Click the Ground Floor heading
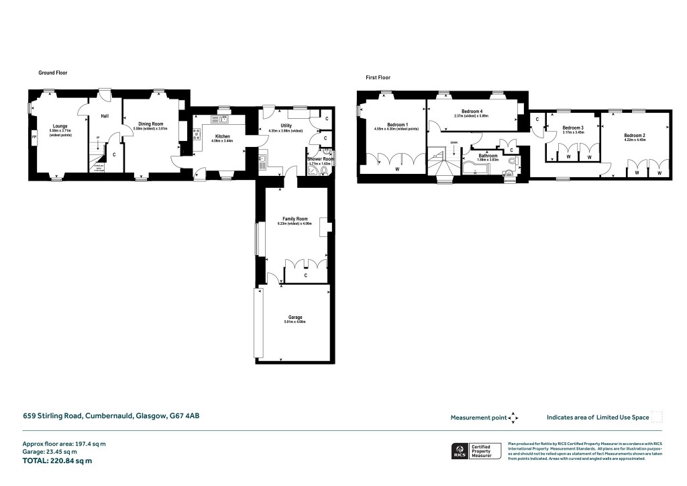coord(52,72)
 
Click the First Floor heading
coord(378,78)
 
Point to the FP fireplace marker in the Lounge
coord(34,138)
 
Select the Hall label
coord(105,116)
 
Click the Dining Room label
coord(151,124)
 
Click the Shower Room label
coord(320,159)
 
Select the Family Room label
coord(295,219)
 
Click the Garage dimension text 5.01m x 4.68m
coord(295,322)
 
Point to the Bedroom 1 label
coord(397,125)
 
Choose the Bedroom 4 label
coord(472,111)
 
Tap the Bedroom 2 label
coord(634,136)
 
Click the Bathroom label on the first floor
coord(488,155)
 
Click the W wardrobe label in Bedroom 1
coord(397,169)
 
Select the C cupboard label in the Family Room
coord(306,275)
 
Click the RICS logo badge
coord(460,450)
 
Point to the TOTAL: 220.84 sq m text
coord(57,460)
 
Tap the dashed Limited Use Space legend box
coord(657,417)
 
